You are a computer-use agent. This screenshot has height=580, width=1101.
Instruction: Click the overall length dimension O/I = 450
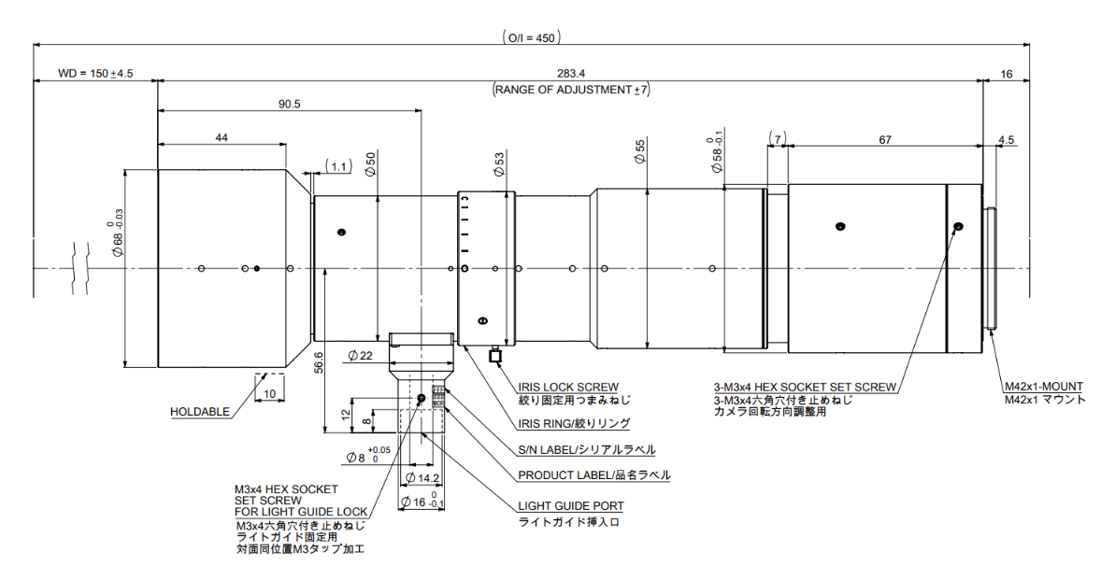click(531, 37)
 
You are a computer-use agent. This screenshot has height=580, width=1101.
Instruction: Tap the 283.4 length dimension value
click(569, 73)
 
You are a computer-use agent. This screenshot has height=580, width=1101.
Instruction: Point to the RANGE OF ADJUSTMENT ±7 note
click(570, 90)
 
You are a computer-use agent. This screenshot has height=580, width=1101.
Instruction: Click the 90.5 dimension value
click(289, 105)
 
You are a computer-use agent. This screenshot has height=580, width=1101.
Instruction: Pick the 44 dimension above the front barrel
click(222, 137)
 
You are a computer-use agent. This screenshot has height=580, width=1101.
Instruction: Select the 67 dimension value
click(884, 140)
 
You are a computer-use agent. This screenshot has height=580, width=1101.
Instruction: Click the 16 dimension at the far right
click(1006, 73)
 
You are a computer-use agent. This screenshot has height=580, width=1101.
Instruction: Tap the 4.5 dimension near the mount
click(1007, 140)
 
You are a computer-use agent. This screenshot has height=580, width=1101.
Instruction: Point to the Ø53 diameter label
click(499, 165)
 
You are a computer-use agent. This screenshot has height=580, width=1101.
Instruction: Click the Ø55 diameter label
click(639, 152)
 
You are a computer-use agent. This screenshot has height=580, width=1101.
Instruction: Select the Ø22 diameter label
click(359, 355)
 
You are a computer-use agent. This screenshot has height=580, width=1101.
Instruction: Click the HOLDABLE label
click(199, 411)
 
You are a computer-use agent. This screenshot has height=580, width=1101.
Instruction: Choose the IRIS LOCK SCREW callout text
click(568, 387)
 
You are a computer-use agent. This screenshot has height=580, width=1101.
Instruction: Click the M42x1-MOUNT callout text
click(1044, 386)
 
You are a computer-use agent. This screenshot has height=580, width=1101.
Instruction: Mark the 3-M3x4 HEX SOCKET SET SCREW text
click(805, 387)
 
